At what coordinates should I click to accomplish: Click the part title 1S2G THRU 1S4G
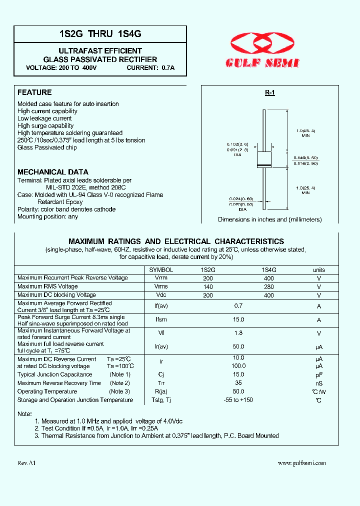point(100,34)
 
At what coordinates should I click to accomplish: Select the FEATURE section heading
point(34,92)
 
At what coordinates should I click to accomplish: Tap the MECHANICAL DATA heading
point(53,172)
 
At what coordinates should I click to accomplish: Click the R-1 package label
point(270,93)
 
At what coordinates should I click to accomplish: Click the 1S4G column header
point(268,269)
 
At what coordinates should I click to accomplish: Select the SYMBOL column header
point(161,269)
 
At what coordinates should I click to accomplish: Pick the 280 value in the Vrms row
point(268,287)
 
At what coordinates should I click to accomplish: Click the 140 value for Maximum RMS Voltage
point(208,287)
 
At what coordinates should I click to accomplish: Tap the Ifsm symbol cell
point(161,320)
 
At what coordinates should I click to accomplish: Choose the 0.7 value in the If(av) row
point(238,306)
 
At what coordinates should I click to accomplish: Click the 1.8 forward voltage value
point(238,333)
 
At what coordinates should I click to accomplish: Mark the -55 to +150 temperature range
point(238,400)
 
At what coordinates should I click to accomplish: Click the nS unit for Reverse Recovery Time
point(319,383)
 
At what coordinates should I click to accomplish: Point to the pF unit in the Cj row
point(319,374)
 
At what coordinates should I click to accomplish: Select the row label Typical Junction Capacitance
point(55,374)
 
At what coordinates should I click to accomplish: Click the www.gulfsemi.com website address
point(301,463)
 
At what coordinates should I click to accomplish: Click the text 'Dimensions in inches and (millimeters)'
point(269,219)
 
